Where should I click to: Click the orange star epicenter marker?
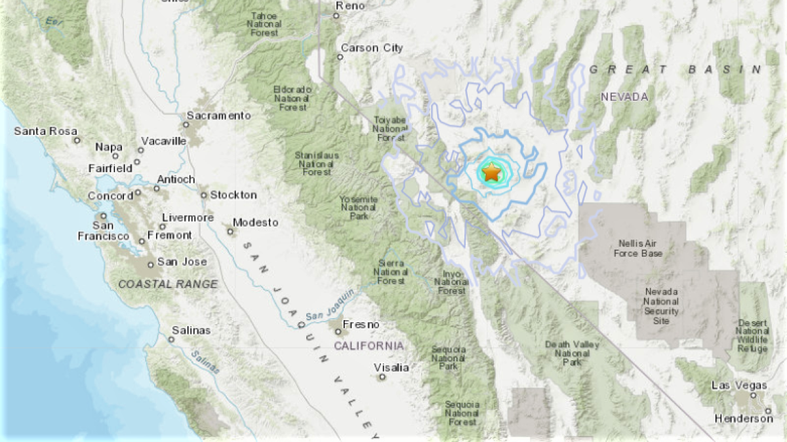coord(491,172)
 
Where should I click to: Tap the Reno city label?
coord(349,6)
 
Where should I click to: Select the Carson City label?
coord(372,48)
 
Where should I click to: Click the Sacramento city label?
coord(218,115)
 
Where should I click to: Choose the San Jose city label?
coord(182,262)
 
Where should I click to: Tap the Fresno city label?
coord(364,325)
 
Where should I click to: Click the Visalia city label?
coord(391,367)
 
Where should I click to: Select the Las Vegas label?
coord(738,385)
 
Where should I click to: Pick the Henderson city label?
coord(744,418)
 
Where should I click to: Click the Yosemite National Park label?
coord(358,208)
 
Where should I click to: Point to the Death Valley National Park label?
coord(567,353)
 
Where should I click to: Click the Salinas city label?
coord(191,330)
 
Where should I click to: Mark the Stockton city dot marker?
coord(204,195)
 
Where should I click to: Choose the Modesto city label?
coord(255,223)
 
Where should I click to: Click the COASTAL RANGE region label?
coord(168,284)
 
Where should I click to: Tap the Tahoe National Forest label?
coord(264,24)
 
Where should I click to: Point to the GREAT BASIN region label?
coord(676,69)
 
